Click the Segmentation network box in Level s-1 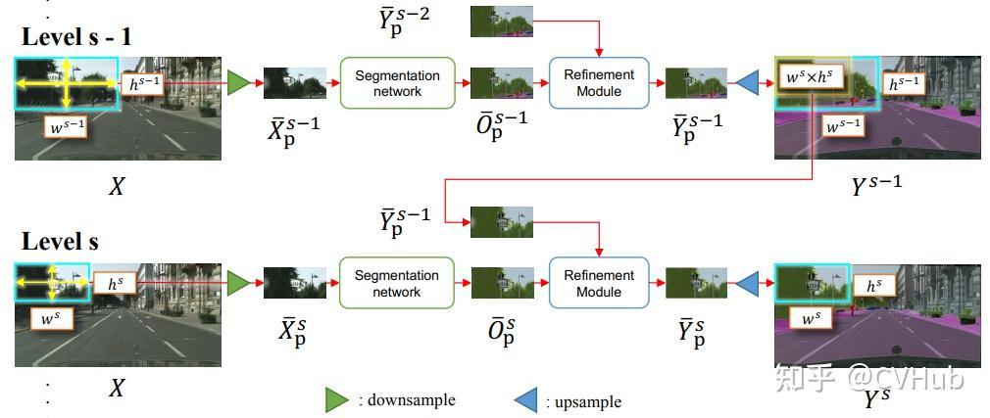tap(397, 83)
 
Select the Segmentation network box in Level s tap(397, 284)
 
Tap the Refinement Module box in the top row tap(598, 83)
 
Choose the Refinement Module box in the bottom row tap(598, 284)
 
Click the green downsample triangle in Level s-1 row tap(237, 83)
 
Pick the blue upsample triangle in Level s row tap(747, 284)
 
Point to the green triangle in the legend tap(337, 399)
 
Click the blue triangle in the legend tap(525, 399)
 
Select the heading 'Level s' tap(61, 242)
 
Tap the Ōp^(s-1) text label tap(501, 127)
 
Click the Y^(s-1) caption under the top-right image tap(875, 185)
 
